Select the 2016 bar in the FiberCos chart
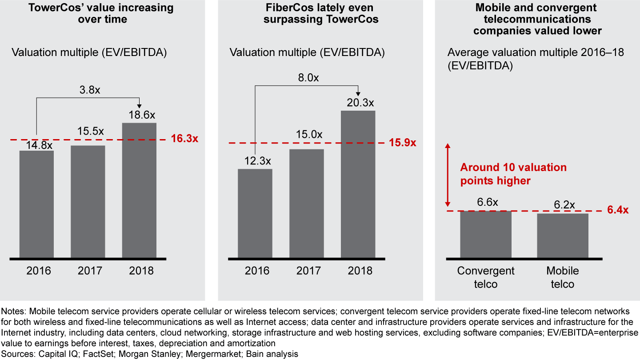pyautogui.click(x=255, y=213)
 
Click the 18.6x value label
pyautogui.click(x=139, y=115)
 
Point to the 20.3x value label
pyautogui.click(x=358, y=103)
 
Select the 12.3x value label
pyautogui.click(x=255, y=161)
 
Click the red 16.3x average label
pyautogui.click(x=184, y=138)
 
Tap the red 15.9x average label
pyautogui.click(x=402, y=143)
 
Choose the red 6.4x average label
pyautogui.click(x=618, y=210)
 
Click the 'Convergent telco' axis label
pyautogui.click(x=486, y=277)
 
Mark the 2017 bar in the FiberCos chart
pyautogui.click(x=307, y=203)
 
